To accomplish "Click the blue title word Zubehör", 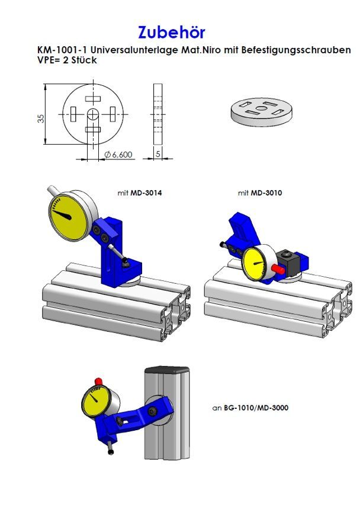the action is click(x=172, y=32).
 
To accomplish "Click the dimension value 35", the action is click(x=41, y=119).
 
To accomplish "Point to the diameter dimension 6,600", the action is click(x=118, y=155).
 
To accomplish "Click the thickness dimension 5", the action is click(x=158, y=154).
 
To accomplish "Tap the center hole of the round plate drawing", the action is click(x=93, y=114).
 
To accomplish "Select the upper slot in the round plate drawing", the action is click(x=93, y=99).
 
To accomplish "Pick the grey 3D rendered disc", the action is click(x=261, y=113).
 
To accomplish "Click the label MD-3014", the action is click(x=146, y=193).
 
